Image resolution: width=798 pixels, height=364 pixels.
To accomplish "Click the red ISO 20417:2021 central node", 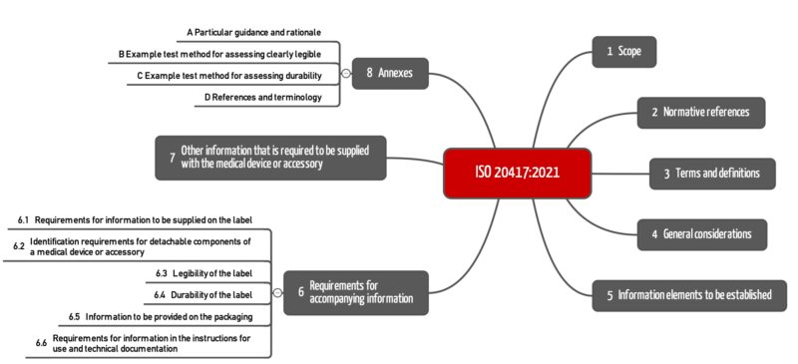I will point(518,172).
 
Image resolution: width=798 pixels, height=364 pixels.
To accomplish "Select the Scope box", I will point(624,51).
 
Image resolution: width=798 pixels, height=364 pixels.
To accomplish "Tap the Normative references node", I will point(701,113).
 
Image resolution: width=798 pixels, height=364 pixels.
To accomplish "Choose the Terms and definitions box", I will point(711,174).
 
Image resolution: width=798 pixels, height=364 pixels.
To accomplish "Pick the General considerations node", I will point(702,234).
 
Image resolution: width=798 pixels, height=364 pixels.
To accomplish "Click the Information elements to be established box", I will point(689,295).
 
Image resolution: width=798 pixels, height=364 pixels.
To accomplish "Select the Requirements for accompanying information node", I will point(356,292).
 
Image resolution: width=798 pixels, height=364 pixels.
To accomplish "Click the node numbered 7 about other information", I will point(271,157).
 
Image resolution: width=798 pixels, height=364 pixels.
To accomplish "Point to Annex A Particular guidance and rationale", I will point(253,33).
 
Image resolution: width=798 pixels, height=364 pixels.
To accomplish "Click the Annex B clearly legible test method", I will point(227,54).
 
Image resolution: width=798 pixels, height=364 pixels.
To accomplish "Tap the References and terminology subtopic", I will point(262,97).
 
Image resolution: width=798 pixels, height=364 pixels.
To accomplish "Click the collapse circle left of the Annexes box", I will point(346,74).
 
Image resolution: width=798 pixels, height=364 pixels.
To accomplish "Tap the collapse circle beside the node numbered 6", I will point(277,293).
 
